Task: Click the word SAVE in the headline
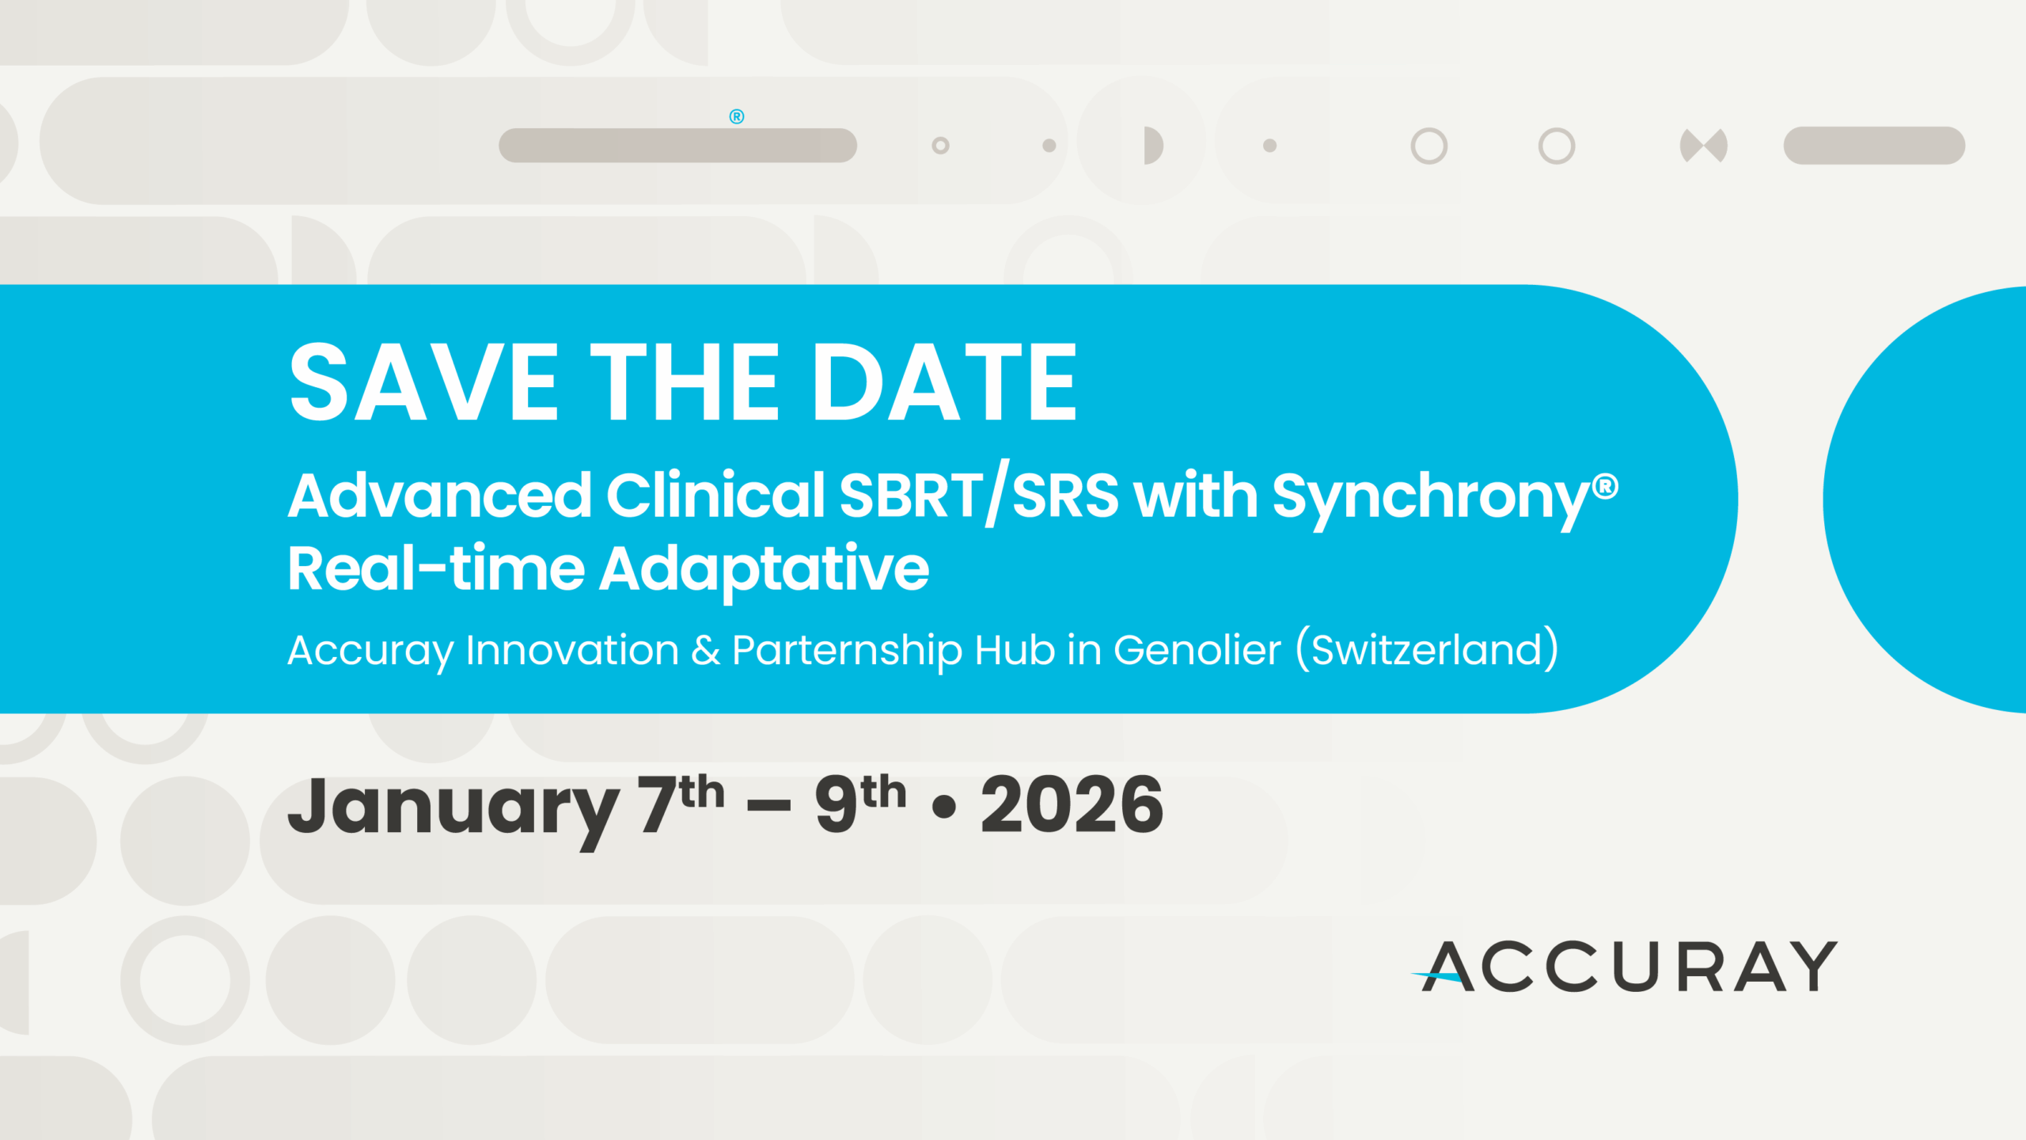424,382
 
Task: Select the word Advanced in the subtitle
440,496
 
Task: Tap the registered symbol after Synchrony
1606,486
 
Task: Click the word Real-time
436,568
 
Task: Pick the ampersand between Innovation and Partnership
706,650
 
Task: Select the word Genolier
1197,650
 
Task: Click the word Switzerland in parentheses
1427,650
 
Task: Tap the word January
453,809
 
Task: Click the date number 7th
681,804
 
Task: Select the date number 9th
861,804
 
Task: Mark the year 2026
1072,805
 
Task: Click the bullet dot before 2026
944,807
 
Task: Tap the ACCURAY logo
1624,966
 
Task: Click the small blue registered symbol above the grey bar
737,116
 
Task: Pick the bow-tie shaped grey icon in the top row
1703,146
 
